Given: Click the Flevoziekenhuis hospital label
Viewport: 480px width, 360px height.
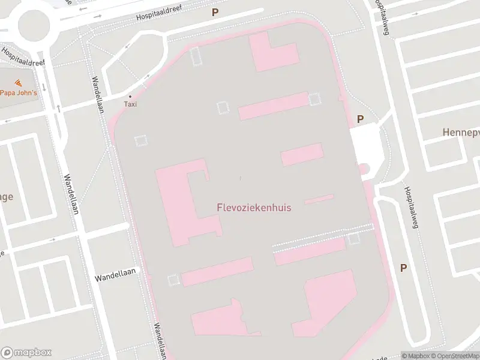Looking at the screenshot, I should [253, 208].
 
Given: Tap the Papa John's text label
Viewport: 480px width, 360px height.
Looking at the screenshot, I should [18, 92].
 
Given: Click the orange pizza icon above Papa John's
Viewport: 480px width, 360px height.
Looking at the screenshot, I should [17, 82].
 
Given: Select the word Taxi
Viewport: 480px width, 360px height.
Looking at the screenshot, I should [130, 104].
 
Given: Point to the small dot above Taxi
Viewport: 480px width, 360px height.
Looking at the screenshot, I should [130, 96].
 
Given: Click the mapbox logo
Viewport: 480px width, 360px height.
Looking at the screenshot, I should [26, 352].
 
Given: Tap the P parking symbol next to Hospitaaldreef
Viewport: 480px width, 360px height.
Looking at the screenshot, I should [215, 12].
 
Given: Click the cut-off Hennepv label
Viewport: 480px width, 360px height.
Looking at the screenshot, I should [460, 131].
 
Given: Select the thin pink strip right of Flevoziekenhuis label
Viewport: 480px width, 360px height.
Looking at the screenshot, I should [319, 199].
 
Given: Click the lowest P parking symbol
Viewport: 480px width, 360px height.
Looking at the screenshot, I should [403, 268].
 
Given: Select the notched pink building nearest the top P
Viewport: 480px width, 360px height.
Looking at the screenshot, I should [272, 53].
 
